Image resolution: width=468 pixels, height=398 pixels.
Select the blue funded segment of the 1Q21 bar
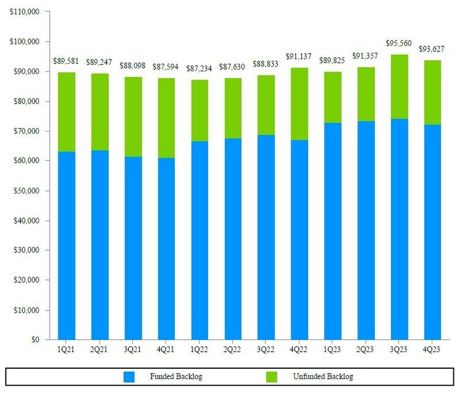click(67, 245)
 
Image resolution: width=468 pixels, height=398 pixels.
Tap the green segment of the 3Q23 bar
click(400, 86)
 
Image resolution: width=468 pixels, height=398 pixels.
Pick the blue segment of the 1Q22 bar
click(199, 240)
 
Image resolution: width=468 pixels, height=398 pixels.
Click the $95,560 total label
click(400, 43)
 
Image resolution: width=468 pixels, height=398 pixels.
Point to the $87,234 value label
click(199, 68)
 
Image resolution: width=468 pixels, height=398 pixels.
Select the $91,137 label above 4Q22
click(300, 57)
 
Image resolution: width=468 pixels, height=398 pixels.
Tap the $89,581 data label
click(67, 60)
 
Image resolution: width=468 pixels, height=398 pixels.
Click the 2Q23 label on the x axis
click(366, 349)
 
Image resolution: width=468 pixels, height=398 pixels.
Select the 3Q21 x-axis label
click(133, 349)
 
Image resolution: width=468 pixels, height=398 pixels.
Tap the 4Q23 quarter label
click(433, 349)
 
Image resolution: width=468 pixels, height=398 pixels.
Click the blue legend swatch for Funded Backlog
click(130, 377)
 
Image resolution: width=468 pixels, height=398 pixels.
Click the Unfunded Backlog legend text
click(323, 377)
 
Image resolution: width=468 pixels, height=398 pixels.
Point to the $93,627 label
click(433, 49)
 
